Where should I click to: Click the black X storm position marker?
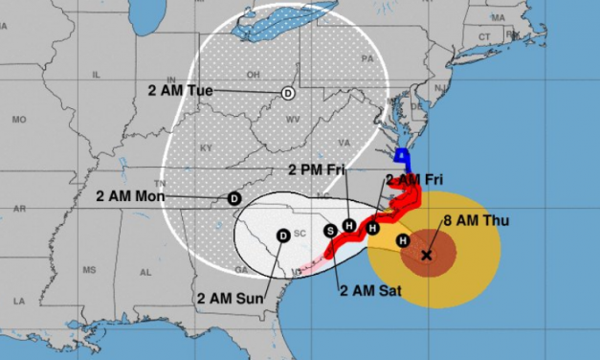[426, 256]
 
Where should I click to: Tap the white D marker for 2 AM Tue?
[288, 93]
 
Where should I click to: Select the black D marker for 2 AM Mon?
[233, 198]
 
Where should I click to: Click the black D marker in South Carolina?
[283, 236]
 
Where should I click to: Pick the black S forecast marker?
[331, 230]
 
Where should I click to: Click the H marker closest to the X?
[403, 240]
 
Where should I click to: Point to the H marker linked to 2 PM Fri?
[349, 225]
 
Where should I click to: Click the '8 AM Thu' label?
[476, 221]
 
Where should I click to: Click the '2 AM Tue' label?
[182, 90]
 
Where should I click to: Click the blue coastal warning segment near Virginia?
[404, 160]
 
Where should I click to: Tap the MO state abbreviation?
[18, 121]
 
